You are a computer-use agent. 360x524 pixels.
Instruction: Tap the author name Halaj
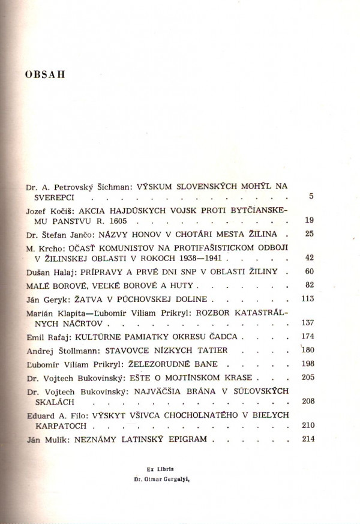pyautogui.click(x=64, y=271)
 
